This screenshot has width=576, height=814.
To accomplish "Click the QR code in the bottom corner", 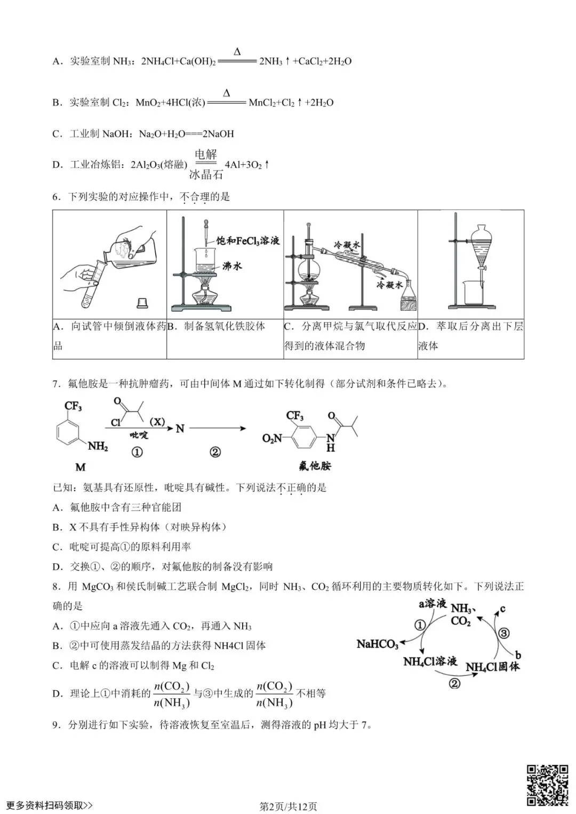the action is (x=547, y=785).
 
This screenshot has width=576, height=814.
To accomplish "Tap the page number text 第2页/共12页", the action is (x=288, y=806).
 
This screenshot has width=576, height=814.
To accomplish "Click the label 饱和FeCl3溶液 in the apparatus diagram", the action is (x=247, y=240).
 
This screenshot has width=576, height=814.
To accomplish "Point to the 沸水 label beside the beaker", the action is (x=232, y=265).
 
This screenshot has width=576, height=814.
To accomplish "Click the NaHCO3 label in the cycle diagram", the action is (x=378, y=644).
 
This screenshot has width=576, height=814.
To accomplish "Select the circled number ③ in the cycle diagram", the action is (x=503, y=633).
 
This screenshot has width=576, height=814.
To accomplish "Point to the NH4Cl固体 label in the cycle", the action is (x=492, y=666).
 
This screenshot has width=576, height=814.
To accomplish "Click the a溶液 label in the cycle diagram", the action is (x=432, y=603).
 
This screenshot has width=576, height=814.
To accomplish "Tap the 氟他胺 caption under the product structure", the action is (x=315, y=466).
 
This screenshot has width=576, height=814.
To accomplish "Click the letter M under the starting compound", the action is (x=80, y=468).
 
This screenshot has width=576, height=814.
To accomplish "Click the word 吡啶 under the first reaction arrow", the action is (x=139, y=435).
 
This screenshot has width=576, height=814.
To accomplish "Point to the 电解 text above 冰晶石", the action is (x=205, y=155).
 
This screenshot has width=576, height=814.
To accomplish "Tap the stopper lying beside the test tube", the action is (x=142, y=303).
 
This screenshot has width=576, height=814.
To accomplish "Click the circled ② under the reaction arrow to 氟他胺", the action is (x=215, y=452).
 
